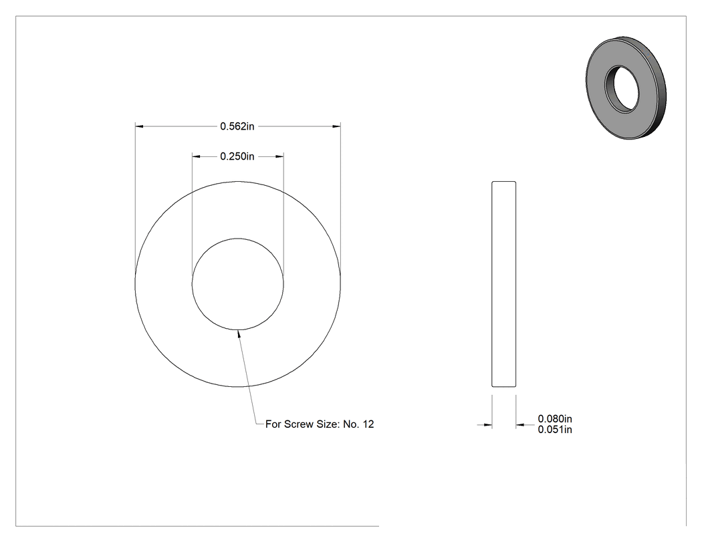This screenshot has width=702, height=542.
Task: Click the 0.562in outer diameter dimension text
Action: click(237, 127)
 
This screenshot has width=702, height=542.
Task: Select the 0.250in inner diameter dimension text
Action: click(237, 156)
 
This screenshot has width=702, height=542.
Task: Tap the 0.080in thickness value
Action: click(555, 419)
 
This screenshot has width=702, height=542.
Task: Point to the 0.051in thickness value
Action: click(555, 430)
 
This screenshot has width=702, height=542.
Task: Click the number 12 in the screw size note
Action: click(368, 424)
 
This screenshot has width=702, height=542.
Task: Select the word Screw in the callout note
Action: click(299, 424)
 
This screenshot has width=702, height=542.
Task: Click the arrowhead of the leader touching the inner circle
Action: click(239, 334)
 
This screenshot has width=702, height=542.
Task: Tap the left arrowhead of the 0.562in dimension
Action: click(139, 127)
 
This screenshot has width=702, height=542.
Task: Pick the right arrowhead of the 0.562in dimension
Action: click(336, 127)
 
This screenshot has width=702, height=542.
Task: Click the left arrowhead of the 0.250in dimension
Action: click(196, 156)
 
